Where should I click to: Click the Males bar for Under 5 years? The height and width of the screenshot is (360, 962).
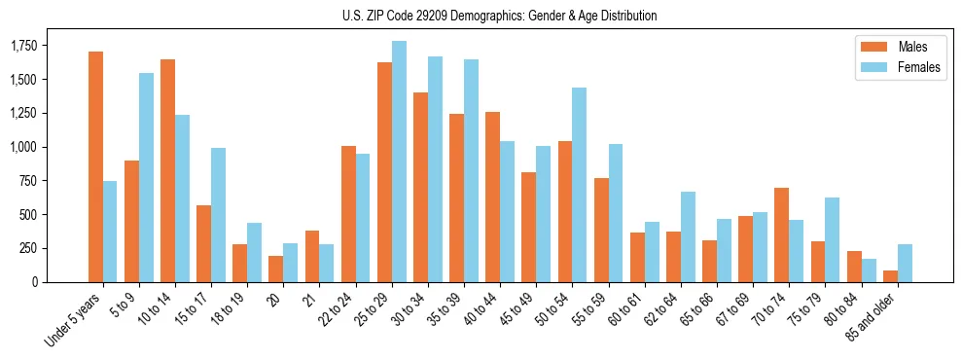(x=95, y=166)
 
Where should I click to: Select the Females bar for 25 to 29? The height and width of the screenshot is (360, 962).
(x=399, y=162)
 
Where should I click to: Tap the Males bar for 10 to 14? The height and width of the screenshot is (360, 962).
(x=167, y=170)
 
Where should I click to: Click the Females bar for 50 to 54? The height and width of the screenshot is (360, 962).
(x=580, y=185)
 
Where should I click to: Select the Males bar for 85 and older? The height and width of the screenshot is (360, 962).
(x=890, y=275)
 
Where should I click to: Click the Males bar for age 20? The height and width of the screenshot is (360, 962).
(x=276, y=269)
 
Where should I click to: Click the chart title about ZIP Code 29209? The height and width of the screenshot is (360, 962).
(x=499, y=16)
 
